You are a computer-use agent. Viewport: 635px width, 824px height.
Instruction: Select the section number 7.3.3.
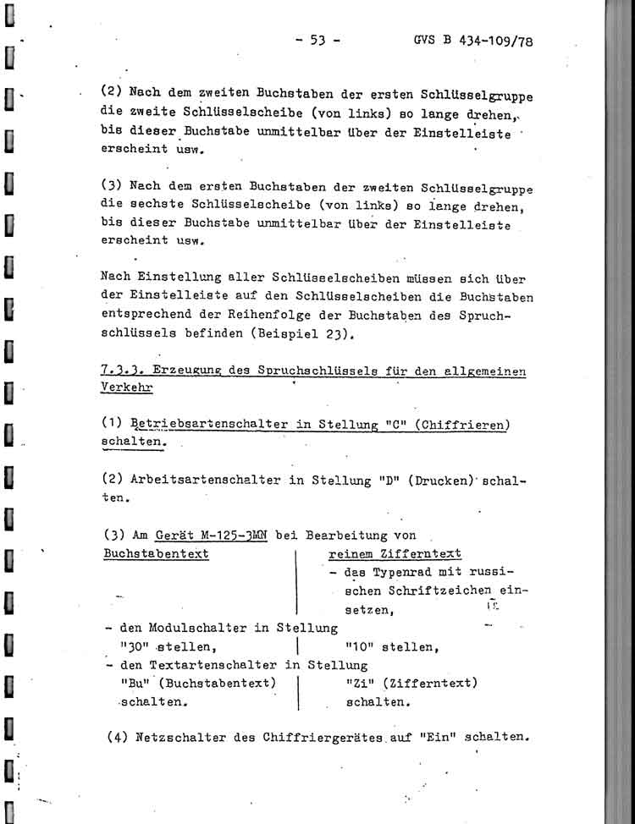coord(121,372)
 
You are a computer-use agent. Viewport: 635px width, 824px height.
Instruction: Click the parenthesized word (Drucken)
coord(428,479)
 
